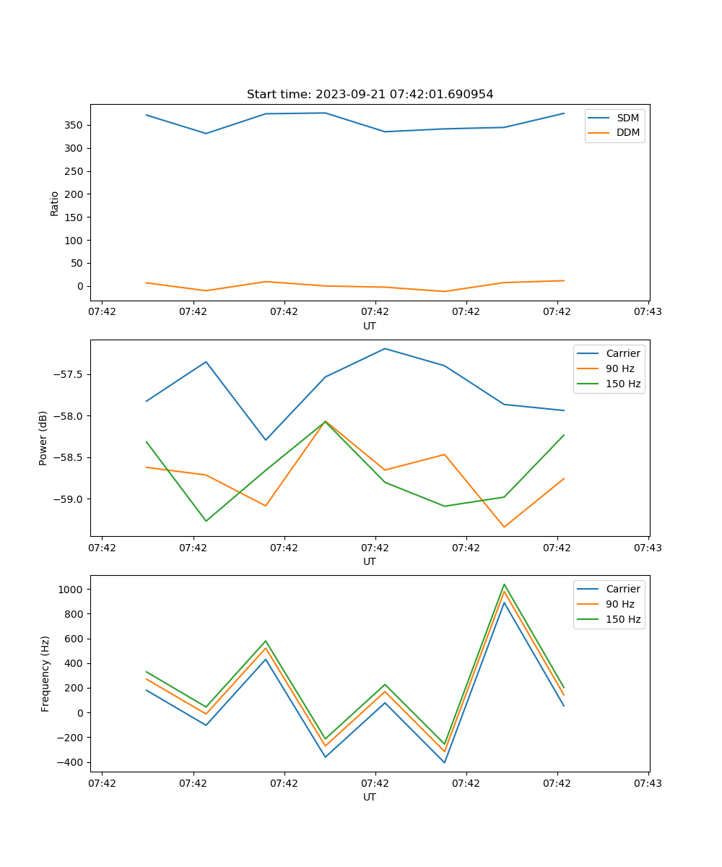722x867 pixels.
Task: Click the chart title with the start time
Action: pos(370,95)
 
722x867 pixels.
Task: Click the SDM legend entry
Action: pos(627,118)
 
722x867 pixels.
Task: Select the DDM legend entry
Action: pos(627,133)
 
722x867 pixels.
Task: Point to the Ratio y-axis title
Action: pos(55,203)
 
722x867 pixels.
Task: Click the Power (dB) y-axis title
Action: pos(44,438)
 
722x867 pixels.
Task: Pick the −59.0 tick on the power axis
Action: pos(68,499)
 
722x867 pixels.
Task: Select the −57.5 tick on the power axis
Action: pos(68,374)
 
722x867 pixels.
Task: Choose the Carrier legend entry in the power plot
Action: pos(622,353)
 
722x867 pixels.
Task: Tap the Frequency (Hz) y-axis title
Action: pos(45,673)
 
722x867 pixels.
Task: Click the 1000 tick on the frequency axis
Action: pos(71,590)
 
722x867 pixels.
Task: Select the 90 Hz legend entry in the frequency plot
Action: pos(619,604)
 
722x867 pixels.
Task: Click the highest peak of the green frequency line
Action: pos(504,585)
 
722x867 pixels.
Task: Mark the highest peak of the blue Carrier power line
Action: pos(385,348)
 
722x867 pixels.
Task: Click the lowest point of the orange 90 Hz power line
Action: pos(504,527)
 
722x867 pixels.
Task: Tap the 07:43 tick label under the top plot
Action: pos(648,312)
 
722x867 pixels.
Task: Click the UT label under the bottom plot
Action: pos(370,797)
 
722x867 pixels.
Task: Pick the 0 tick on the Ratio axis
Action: pos(79,286)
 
